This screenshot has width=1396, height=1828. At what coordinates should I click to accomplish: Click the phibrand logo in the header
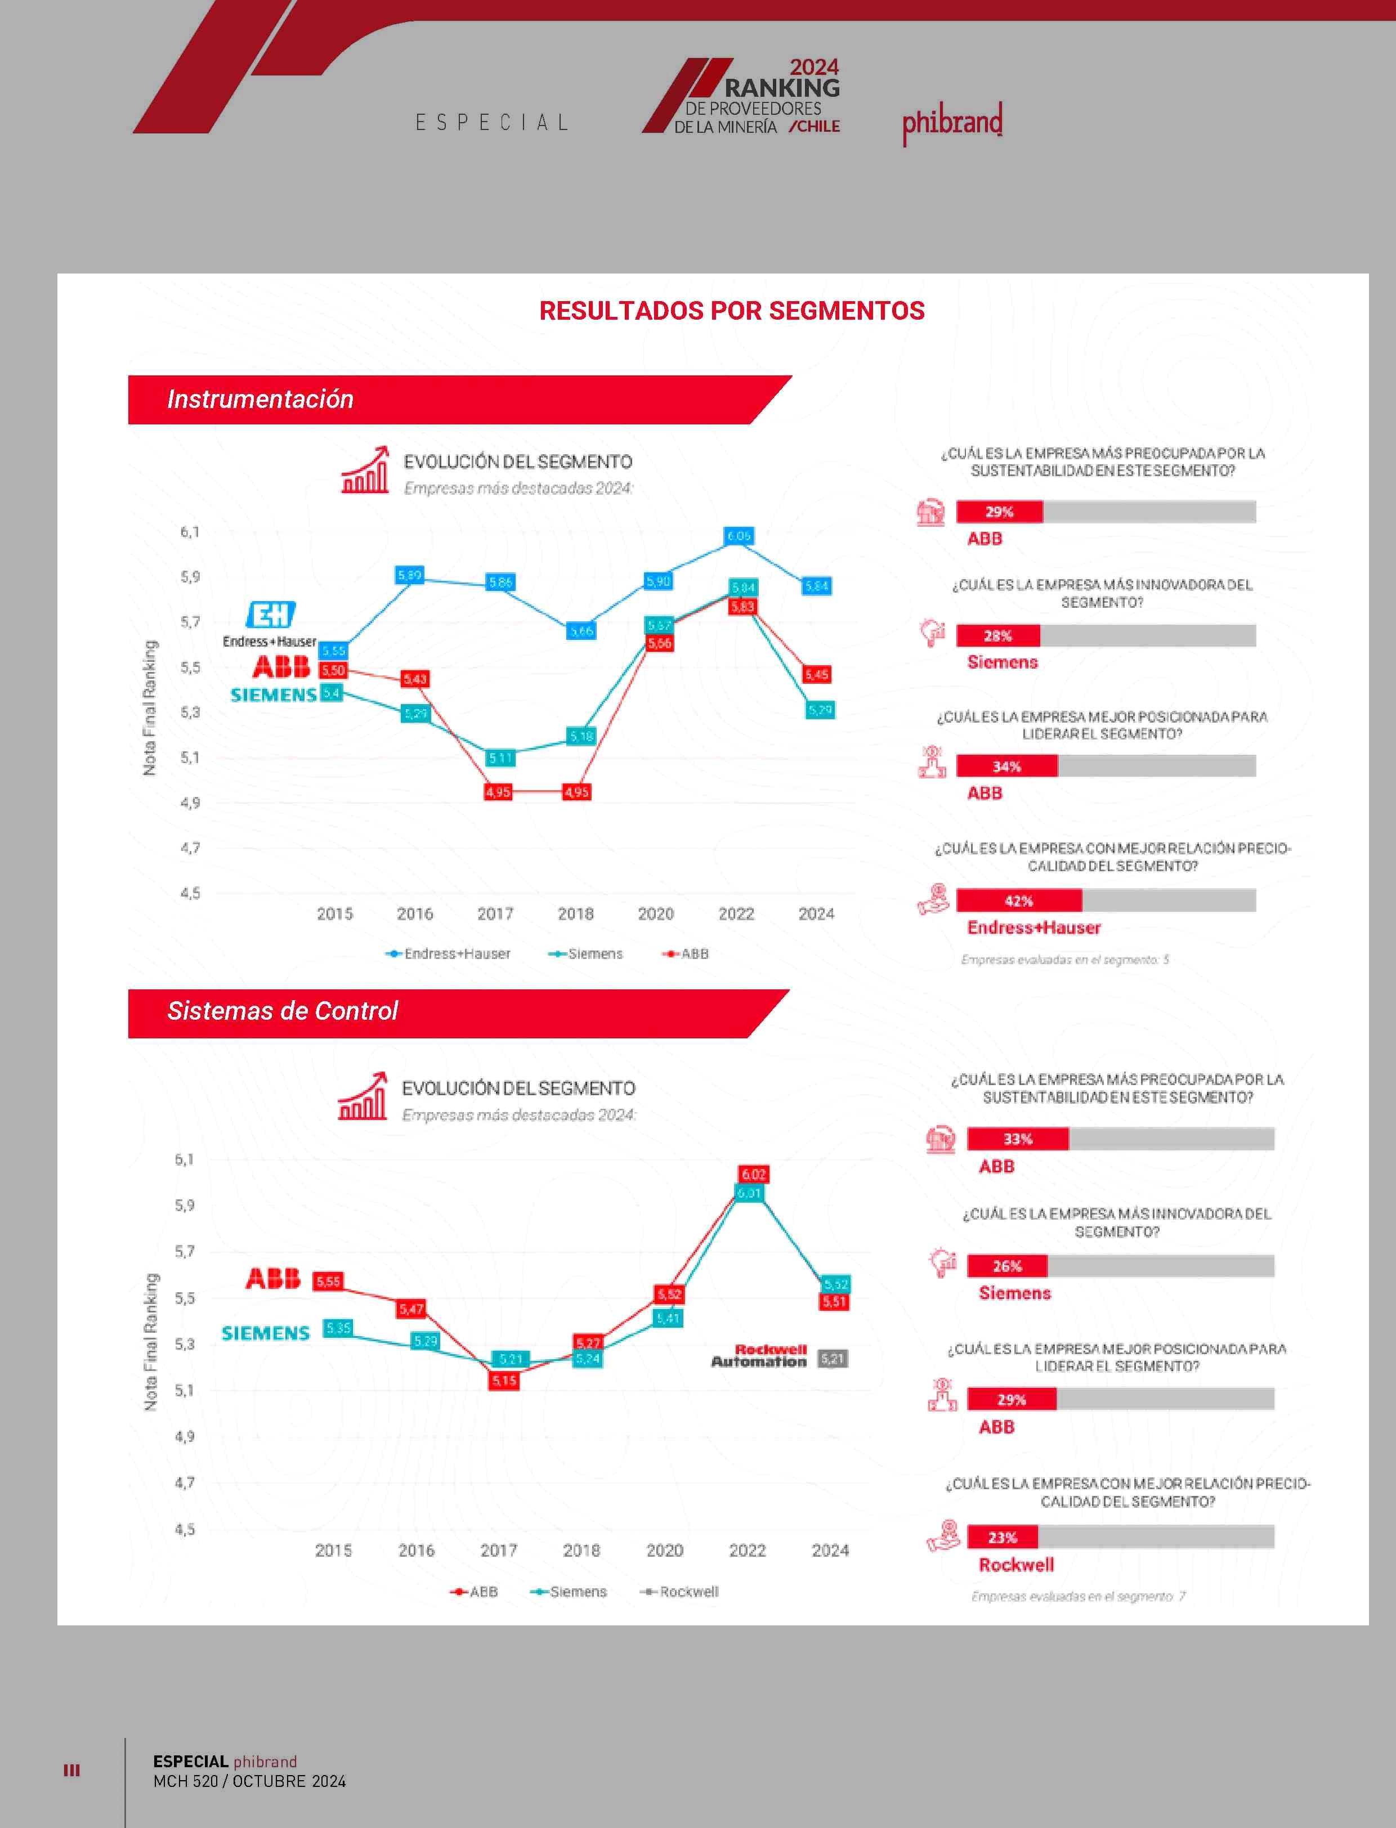952,122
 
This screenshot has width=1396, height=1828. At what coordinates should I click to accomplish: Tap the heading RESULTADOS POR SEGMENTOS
731,311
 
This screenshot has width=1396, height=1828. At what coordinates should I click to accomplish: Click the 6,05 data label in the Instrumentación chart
739,536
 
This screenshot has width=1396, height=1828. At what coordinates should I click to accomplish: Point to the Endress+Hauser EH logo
270,615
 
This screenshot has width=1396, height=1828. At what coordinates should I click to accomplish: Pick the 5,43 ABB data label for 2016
415,679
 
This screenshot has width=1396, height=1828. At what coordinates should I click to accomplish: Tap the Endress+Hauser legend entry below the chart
449,954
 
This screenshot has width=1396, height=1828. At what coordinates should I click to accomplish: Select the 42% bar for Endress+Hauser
1019,900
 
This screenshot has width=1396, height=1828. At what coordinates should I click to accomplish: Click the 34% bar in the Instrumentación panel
1006,766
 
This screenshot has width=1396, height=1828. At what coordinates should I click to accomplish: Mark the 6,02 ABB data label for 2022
753,1174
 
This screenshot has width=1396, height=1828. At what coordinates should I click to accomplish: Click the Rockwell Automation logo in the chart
759,1355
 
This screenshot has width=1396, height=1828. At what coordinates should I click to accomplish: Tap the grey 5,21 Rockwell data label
832,1359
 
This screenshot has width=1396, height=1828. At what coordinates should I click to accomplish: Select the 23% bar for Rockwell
1002,1537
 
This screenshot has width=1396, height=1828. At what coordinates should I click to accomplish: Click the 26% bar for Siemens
1007,1266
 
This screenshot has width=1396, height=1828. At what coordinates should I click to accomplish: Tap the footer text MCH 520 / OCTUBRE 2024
249,1781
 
